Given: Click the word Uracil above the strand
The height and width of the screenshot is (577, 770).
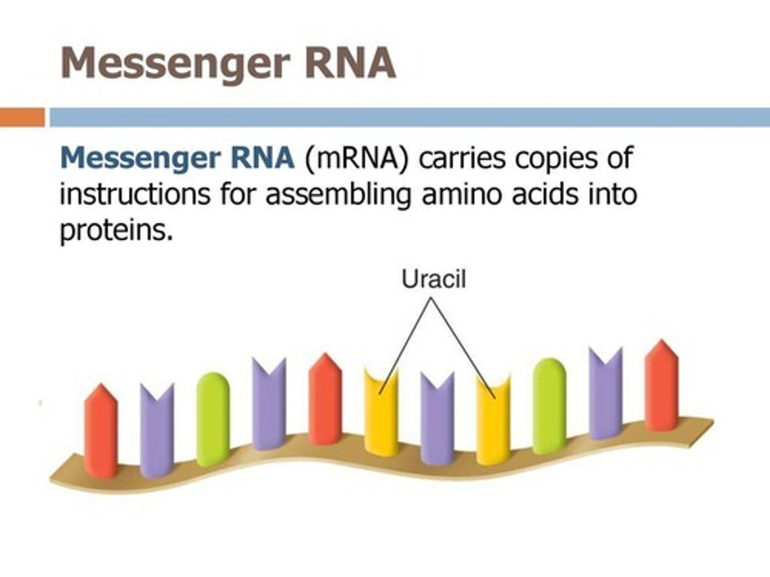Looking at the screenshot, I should pyautogui.click(x=434, y=279).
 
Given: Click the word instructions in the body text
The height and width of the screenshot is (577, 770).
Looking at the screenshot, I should pyautogui.click(x=135, y=194).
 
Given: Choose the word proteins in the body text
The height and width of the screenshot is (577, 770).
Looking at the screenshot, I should pyautogui.click(x=117, y=231).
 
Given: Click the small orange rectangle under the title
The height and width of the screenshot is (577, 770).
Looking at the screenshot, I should pyautogui.click(x=22, y=117).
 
